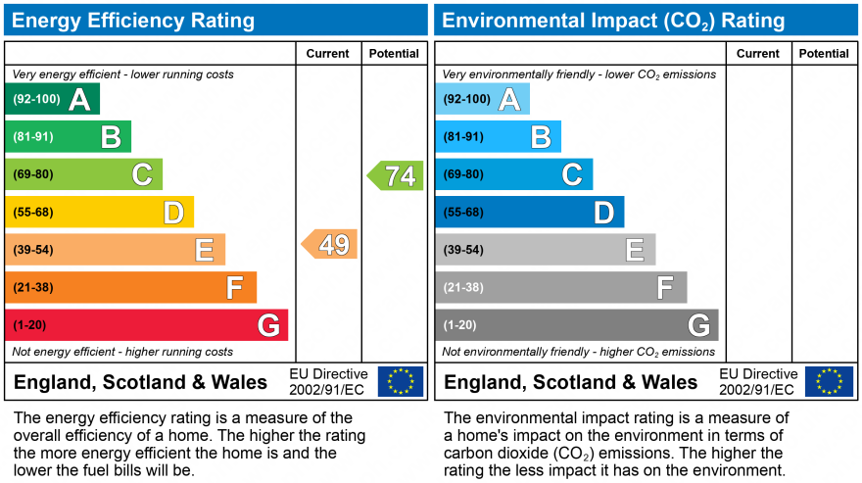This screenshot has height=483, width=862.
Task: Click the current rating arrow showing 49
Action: tap(330, 244)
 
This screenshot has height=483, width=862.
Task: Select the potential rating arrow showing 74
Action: tap(396, 175)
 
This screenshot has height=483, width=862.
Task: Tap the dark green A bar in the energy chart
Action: tap(52, 99)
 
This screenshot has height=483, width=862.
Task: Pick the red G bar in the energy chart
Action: tap(146, 325)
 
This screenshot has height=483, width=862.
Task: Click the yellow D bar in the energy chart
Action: tap(99, 213)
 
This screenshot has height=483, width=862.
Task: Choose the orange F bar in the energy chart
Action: tap(130, 288)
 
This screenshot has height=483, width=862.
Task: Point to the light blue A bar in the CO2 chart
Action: tap(482, 99)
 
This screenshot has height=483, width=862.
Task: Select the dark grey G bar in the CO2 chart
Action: tap(576, 325)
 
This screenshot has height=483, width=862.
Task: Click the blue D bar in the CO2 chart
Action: tap(529, 213)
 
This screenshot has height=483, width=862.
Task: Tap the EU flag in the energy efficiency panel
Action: tap(401, 381)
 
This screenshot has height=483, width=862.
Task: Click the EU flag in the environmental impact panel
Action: tap(829, 381)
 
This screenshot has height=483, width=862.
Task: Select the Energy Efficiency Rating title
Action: tap(133, 21)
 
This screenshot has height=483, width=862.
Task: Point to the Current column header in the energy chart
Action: tap(328, 54)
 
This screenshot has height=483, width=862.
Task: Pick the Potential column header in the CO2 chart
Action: tap(824, 54)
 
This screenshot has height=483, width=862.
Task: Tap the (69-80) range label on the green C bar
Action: tap(33, 175)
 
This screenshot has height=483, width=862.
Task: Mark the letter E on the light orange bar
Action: tap(204, 251)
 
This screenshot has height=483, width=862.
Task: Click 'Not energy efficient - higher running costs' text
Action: tap(122, 352)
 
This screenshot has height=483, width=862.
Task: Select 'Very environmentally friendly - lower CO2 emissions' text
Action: tap(579, 74)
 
